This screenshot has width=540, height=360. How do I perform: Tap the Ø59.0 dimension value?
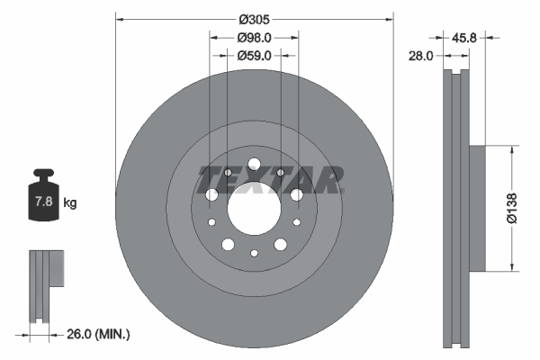pyautogui.click(x=255, y=56)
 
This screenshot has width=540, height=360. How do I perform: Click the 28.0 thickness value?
pyautogui.click(x=421, y=56)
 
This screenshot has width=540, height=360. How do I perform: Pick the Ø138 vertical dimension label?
pyautogui.click(x=510, y=207)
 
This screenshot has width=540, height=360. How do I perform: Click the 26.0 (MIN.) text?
pyautogui.click(x=100, y=334)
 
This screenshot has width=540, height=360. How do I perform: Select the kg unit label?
pyautogui.click(x=70, y=203)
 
